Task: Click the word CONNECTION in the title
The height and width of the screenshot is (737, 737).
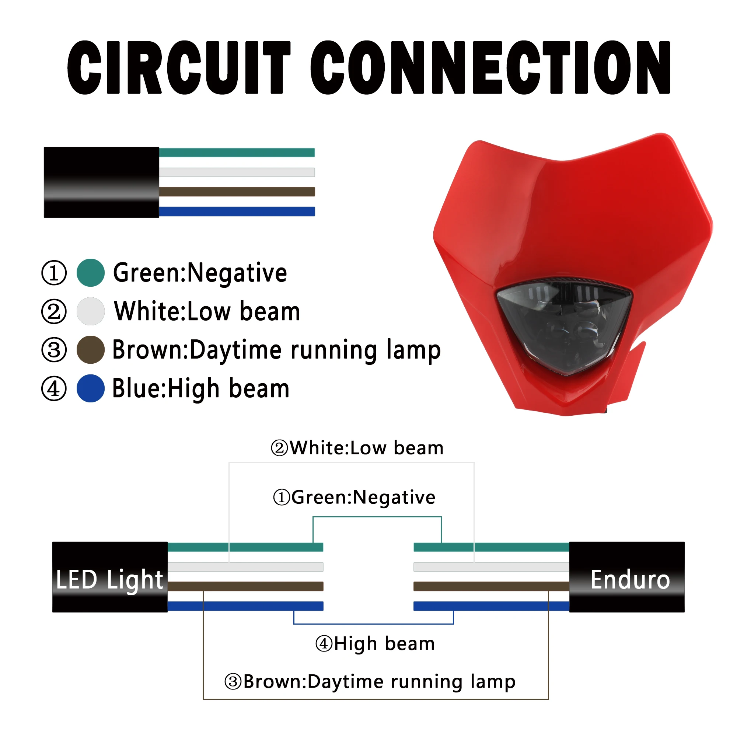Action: point(490,67)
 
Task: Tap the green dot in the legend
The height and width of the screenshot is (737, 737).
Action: point(91,273)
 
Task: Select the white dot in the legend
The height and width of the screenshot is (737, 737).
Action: point(91,311)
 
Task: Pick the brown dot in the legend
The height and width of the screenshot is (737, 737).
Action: point(91,350)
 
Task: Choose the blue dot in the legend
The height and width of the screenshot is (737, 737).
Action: point(91,388)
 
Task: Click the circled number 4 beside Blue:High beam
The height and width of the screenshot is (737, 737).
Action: point(54,389)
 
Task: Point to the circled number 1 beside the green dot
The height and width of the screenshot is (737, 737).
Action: point(54,273)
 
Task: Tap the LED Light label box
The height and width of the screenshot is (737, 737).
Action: point(110,577)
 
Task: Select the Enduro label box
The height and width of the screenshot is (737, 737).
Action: point(627,577)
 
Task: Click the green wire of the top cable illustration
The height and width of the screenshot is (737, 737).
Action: point(237,153)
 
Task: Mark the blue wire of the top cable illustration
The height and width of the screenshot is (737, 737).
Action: point(237,211)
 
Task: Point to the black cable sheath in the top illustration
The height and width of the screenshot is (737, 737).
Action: point(101,182)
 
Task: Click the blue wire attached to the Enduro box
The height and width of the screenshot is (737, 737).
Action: point(491,606)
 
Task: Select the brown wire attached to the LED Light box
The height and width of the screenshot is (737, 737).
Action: point(246,586)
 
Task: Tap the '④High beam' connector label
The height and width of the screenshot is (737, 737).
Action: point(375,644)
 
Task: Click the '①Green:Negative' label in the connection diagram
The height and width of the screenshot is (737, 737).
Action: point(354,497)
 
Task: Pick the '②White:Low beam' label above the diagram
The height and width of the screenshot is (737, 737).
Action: point(357,448)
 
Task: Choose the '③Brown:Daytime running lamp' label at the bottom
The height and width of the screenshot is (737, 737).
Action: point(370,682)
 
